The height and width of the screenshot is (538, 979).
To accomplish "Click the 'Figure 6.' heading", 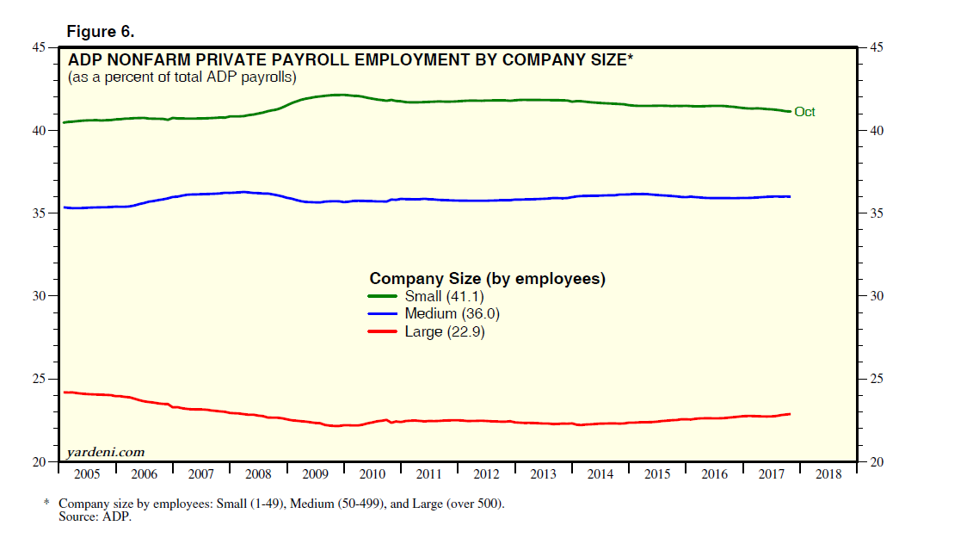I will (101, 32).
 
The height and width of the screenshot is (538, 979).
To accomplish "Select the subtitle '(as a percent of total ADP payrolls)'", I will (182, 77).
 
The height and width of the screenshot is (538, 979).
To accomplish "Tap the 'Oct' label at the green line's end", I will (804, 112).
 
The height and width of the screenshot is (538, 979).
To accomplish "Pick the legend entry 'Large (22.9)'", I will (444, 332).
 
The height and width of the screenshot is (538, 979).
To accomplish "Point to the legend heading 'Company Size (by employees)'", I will (487, 279).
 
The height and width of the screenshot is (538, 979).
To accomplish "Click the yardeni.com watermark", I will (106, 452).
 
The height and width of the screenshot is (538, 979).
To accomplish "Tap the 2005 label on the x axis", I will (86, 474).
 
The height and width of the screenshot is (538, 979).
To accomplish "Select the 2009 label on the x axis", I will (315, 474).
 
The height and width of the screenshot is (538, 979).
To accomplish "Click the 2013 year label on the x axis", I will (543, 474).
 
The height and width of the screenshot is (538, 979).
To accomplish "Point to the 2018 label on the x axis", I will (828, 474).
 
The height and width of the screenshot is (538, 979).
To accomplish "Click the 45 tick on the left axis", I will (40, 48).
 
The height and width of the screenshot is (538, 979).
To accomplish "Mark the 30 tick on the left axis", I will (40, 296).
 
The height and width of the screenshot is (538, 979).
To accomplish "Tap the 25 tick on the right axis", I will (878, 380).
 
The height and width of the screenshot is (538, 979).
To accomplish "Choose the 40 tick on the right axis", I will (878, 131).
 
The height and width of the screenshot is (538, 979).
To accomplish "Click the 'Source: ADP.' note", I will (94, 516).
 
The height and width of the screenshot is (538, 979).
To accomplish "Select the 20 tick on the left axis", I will (40, 462).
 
